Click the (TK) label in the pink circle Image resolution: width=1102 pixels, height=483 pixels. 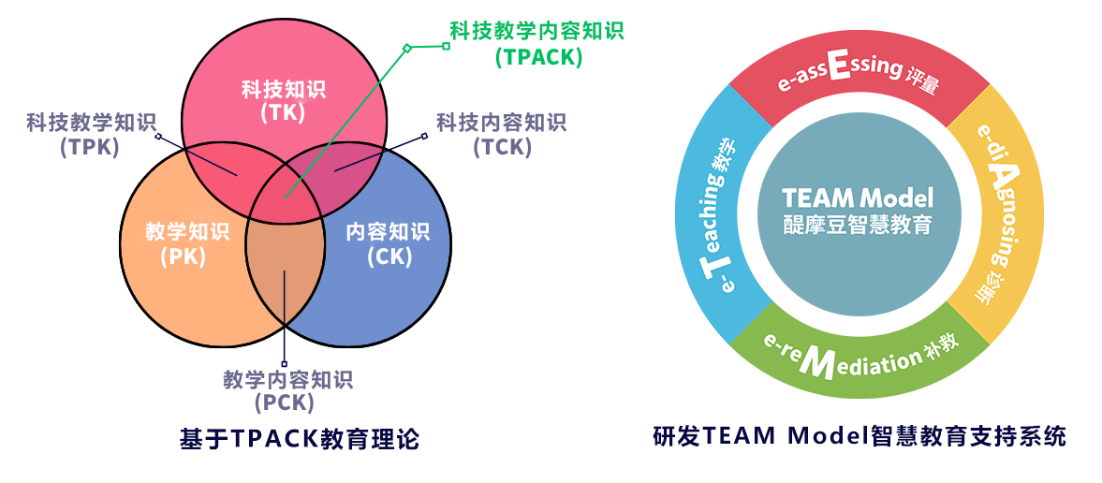point(283,113)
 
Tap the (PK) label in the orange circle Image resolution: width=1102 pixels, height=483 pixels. point(183,256)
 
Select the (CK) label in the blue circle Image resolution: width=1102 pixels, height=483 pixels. point(389,256)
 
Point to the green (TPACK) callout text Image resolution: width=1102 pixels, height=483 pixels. point(538,56)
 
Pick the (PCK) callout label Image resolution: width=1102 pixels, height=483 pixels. point(284,403)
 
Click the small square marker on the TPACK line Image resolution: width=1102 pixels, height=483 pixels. point(406,47)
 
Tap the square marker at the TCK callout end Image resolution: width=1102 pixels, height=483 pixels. point(424,137)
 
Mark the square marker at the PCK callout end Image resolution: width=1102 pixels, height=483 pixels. point(285,364)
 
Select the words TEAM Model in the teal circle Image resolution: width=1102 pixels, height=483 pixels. point(858,198)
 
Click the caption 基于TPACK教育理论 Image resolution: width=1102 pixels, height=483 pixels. point(299,438)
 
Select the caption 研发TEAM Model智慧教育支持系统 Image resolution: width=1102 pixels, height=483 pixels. point(859,436)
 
